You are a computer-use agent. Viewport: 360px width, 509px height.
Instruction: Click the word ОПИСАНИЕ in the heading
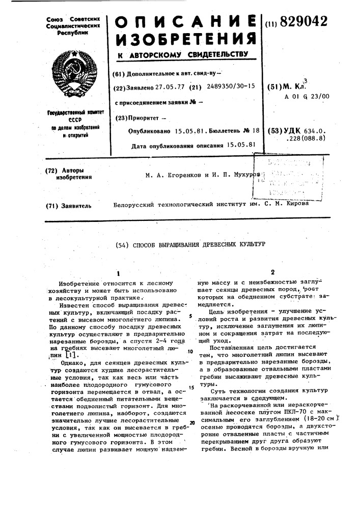pyautogui.click(x=185, y=22)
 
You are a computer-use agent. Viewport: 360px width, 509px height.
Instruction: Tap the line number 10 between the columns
pyautogui.click(x=189, y=352)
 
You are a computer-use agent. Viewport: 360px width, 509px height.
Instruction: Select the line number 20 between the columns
pyautogui.click(x=192, y=422)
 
